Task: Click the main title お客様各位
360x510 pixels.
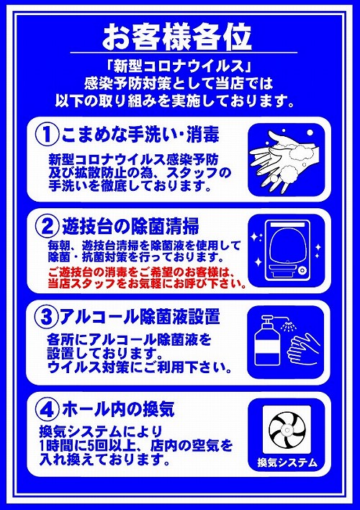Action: [x=177, y=36]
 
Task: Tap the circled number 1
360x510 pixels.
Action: [x=47, y=135]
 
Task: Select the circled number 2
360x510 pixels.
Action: [x=47, y=227]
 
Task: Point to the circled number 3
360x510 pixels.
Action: [x=47, y=318]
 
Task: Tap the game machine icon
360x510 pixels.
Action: [x=286, y=250]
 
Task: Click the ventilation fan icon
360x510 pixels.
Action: [x=287, y=430]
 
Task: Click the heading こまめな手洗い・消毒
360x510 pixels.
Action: [x=140, y=135]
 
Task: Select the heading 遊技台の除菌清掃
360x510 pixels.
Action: [x=130, y=227]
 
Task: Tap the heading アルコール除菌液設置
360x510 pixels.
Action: [x=140, y=318]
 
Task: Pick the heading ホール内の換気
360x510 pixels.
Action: [x=118, y=410]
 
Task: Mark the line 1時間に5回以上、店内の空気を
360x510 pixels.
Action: [x=136, y=445]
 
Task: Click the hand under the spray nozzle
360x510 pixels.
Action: [x=304, y=349]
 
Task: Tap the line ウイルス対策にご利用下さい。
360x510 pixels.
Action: [x=140, y=367]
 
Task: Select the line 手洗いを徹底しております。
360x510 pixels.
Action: [x=128, y=185]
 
